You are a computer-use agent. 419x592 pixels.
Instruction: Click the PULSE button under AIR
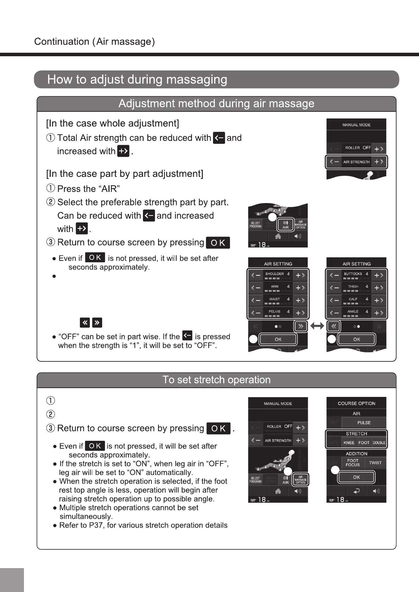pyautogui.click(x=364, y=423)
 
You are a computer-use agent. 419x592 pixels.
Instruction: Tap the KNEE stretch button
pyautogui.click(x=349, y=443)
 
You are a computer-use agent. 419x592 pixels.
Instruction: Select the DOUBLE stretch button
pyautogui.click(x=379, y=443)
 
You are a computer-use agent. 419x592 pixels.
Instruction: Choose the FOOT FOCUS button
pyautogui.click(x=352, y=463)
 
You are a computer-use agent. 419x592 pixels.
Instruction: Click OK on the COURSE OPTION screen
pyautogui.click(x=356, y=477)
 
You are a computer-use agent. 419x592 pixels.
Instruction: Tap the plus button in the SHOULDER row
pyautogui.click(x=300, y=275)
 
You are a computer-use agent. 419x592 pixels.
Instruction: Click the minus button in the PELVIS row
pyautogui.click(x=256, y=313)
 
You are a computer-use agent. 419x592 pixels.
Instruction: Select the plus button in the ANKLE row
pyautogui.click(x=379, y=313)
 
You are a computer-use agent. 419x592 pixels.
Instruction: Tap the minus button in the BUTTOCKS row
pyautogui.click(x=334, y=275)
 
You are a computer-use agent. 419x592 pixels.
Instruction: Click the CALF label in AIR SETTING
pyautogui.click(x=353, y=299)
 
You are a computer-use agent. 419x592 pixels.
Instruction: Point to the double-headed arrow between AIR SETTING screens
pyautogui.click(x=317, y=326)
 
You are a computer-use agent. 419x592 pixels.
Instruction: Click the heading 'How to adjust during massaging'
pyautogui.click(x=137, y=79)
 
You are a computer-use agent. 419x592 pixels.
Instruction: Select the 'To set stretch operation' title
pyautogui.click(x=216, y=380)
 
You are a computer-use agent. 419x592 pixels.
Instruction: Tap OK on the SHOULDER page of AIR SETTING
pyautogui.click(x=278, y=339)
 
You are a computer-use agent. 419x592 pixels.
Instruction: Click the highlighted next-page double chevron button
pyautogui.click(x=300, y=326)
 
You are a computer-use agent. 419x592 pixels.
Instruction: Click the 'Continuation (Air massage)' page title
pyautogui.click(x=94, y=42)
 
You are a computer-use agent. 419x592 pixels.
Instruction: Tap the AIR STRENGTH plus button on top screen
pyautogui.click(x=379, y=162)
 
